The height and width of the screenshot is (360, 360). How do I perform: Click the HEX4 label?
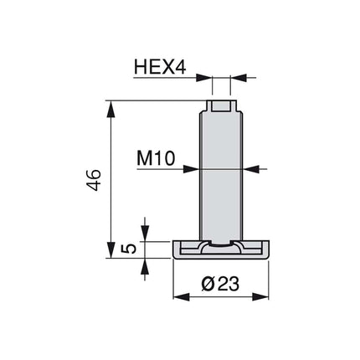[x=160, y=66]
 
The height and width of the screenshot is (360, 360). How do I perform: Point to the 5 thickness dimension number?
[x=128, y=249]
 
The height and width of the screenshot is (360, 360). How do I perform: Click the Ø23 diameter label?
[x=222, y=284]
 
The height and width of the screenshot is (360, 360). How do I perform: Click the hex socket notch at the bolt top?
[x=222, y=107]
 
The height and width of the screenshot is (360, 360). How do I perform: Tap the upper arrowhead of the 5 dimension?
[x=145, y=235]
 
